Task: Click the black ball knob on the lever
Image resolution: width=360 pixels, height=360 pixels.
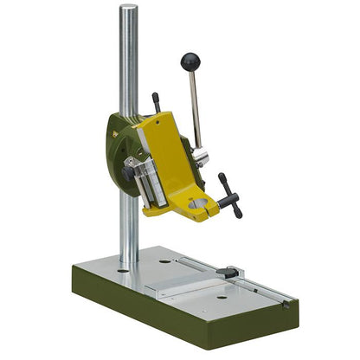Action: (x=190, y=61)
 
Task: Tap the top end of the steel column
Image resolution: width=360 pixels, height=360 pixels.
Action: (x=128, y=9)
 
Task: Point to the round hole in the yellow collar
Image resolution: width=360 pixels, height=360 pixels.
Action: (x=199, y=204)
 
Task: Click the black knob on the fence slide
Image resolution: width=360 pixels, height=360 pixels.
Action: (x=228, y=273)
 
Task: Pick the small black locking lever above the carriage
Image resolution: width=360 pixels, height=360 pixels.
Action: (x=157, y=102)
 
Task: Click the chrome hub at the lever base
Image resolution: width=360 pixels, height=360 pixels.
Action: (x=200, y=157)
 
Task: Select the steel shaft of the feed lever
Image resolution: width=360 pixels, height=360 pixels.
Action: (x=195, y=108)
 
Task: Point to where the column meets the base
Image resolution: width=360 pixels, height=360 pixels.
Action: (x=129, y=262)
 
